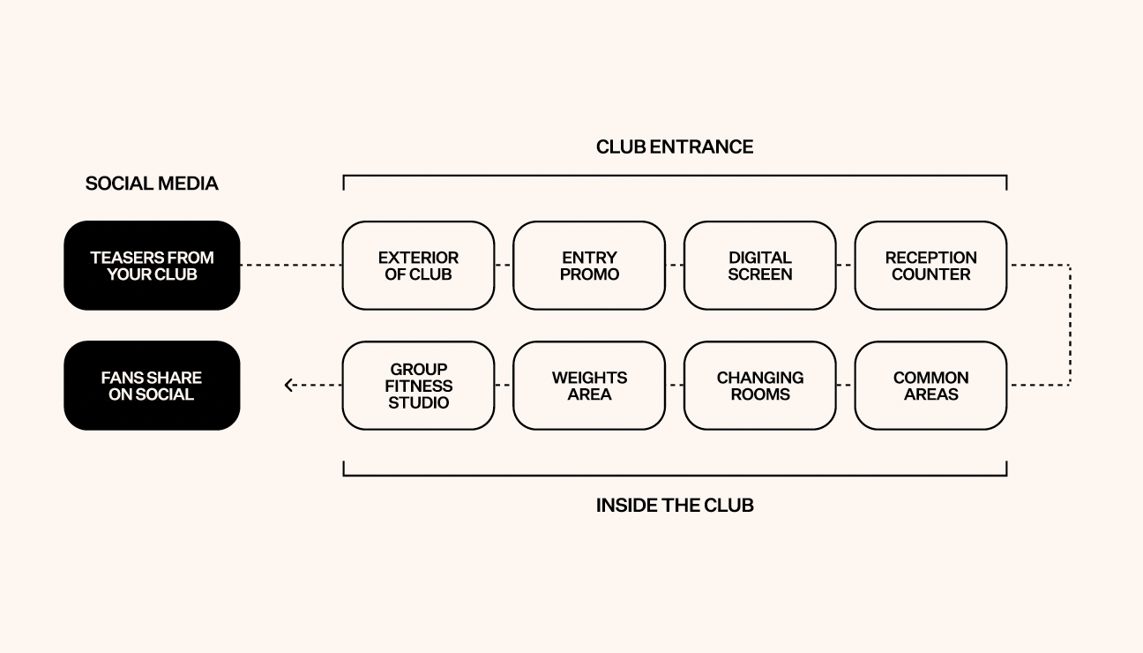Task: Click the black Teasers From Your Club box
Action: click(x=152, y=266)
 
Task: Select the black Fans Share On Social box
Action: click(x=152, y=386)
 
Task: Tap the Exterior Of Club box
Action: click(x=418, y=266)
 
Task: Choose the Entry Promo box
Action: click(x=589, y=266)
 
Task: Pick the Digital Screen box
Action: click(x=759, y=266)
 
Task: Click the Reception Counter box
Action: click(x=930, y=266)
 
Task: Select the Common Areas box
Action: click(x=930, y=386)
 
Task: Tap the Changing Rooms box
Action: click(x=759, y=386)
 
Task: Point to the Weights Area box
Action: click(x=589, y=386)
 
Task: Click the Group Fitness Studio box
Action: click(x=418, y=386)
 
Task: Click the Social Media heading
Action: click(x=152, y=184)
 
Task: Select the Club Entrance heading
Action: click(x=675, y=146)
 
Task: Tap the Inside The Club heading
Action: click(x=675, y=506)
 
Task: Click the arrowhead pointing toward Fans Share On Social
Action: click(x=288, y=386)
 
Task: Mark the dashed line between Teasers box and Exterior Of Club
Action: click(x=291, y=266)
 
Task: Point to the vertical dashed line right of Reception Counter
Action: click(x=1070, y=325)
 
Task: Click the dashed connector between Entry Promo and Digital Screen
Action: click(x=675, y=266)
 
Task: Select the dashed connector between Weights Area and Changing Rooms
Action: click(x=675, y=386)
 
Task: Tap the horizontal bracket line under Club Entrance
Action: click(x=675, y=176)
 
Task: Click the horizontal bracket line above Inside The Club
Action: click(x=675, y=476)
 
